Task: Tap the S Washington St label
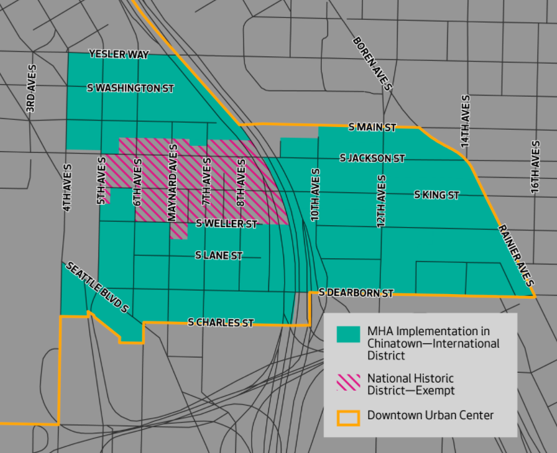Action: tap(130, 88)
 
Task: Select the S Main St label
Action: tap(372, 126)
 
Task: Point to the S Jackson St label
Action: tap(372, 158)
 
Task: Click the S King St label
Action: tap(436, 195)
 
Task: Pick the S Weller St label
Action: tap(227, 225)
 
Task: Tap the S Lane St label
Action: tap(219, 255)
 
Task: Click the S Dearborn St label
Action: tap(356, 292)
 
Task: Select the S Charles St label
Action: tap(221, 323)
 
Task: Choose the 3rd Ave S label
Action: tap(31, 89)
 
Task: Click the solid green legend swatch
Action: tap(348, 334)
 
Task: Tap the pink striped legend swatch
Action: tap(348, 381)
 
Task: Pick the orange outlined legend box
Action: tap(348, 417)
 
